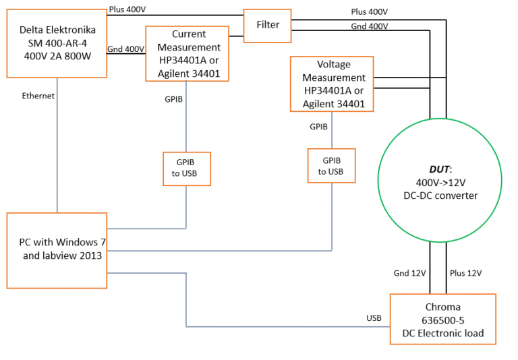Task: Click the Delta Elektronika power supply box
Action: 57,42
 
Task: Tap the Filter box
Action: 268,25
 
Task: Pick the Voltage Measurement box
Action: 332,84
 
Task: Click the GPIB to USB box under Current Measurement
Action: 187,169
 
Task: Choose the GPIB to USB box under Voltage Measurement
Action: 331,166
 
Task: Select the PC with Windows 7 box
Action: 57,250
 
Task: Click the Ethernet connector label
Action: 38,96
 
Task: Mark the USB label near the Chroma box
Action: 374,317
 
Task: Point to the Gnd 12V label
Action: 409,273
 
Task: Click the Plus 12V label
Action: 465,273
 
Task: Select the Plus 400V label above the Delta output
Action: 127,9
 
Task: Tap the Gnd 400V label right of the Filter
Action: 369,26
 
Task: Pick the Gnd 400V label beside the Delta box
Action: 126,49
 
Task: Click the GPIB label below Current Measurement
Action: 174,99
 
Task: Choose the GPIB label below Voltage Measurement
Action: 318,126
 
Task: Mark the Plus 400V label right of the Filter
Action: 369,12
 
